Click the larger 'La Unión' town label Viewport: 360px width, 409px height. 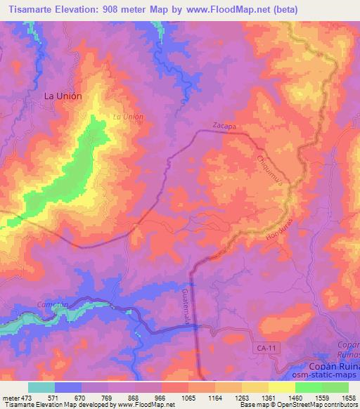(x=63, y=96)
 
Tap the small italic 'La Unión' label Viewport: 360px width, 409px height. (x=129, y=117)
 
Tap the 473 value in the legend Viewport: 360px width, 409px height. (x=29, y=397)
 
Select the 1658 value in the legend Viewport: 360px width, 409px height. (x=348, y=397)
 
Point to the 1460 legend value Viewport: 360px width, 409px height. (x=295, y=397)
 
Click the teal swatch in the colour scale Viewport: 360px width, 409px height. (x=41, y=387)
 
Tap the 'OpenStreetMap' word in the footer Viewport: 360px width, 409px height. (x=309, y=405)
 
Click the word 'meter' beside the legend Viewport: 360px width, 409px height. (x=11, y=397)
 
